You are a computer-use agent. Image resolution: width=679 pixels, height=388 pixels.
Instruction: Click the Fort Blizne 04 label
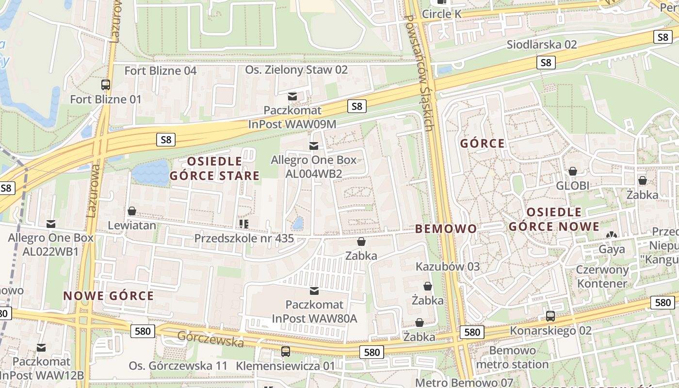(x=161, y=71)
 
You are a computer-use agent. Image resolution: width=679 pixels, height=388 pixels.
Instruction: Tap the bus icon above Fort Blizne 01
(x=106, y=85)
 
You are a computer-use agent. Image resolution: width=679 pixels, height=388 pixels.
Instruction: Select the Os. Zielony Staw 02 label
(x=296, y=70)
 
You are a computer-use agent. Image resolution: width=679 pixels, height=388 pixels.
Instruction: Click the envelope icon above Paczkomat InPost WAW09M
(x=292, y=97)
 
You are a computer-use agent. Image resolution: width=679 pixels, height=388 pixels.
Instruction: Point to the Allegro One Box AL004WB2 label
(x=313, y=167)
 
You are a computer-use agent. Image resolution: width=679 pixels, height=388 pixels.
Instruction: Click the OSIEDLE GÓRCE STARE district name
(x=214, y=168)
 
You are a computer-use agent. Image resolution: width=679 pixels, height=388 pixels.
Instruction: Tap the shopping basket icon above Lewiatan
(x=131, y=211)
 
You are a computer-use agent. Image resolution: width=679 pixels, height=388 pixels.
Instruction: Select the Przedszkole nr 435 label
(x=244, y=238)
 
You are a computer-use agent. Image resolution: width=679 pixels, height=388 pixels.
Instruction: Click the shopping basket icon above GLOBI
(x=573, y=171)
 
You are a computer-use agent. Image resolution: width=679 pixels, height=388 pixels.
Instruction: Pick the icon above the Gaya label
(x=612, y=235)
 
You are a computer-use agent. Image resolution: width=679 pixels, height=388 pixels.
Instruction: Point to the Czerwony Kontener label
(x=602, y=276)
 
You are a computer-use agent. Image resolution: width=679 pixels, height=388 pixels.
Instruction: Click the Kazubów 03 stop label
(x=448, y=266)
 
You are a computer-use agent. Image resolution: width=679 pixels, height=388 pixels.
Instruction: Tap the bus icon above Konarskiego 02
(x=550, y=316)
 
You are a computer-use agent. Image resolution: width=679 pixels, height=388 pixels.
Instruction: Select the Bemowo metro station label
(x=512, y=357)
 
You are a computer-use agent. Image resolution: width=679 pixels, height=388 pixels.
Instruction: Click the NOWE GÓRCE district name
(x=109, y=296)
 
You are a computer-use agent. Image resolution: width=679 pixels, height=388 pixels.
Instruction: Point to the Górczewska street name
(x=210, y=339)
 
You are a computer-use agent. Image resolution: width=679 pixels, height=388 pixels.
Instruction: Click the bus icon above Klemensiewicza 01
(x=286, y=352)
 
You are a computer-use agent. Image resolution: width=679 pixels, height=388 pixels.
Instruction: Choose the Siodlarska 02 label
(x=542, y=45)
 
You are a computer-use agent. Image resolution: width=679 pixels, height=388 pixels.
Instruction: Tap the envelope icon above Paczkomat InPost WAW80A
(x=314, y=291)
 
